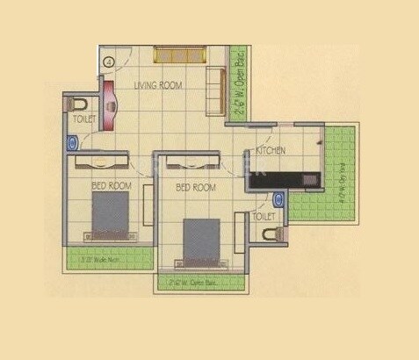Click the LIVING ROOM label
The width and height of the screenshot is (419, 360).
click(x=157, y=86)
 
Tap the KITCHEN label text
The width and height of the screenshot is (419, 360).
click(x=271, y=151)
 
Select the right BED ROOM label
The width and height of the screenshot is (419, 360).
click(x=196, y=188)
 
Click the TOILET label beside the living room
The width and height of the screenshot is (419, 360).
click(x=84, y=117)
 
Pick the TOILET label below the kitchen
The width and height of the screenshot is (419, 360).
click(x=264, y=215)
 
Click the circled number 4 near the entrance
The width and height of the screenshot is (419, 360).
click(x=108, y=62)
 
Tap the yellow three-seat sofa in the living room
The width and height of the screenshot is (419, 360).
click(x=180, y=54)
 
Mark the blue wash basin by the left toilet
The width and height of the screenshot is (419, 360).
click(x=71, y=142)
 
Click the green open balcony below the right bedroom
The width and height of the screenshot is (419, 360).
click(x=201, y=282)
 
